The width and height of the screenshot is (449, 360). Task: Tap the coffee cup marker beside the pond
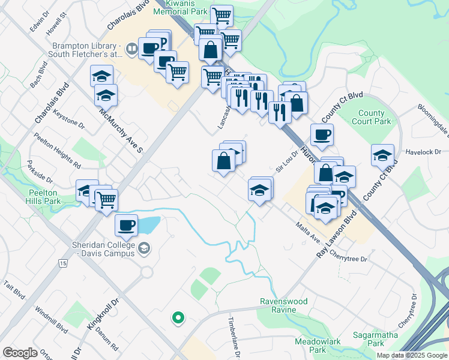tap(126, 225)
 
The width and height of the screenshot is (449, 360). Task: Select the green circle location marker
tap(178, 318)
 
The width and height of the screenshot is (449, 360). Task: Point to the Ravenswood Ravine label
tap(283, 305)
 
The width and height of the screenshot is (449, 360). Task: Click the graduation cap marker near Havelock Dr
tap(382, 155)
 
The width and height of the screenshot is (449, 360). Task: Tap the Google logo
tap(20, 353)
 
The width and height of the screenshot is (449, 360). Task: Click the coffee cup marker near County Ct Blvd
tap(322, 135)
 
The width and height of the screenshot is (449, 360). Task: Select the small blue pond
tap(148, 226)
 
